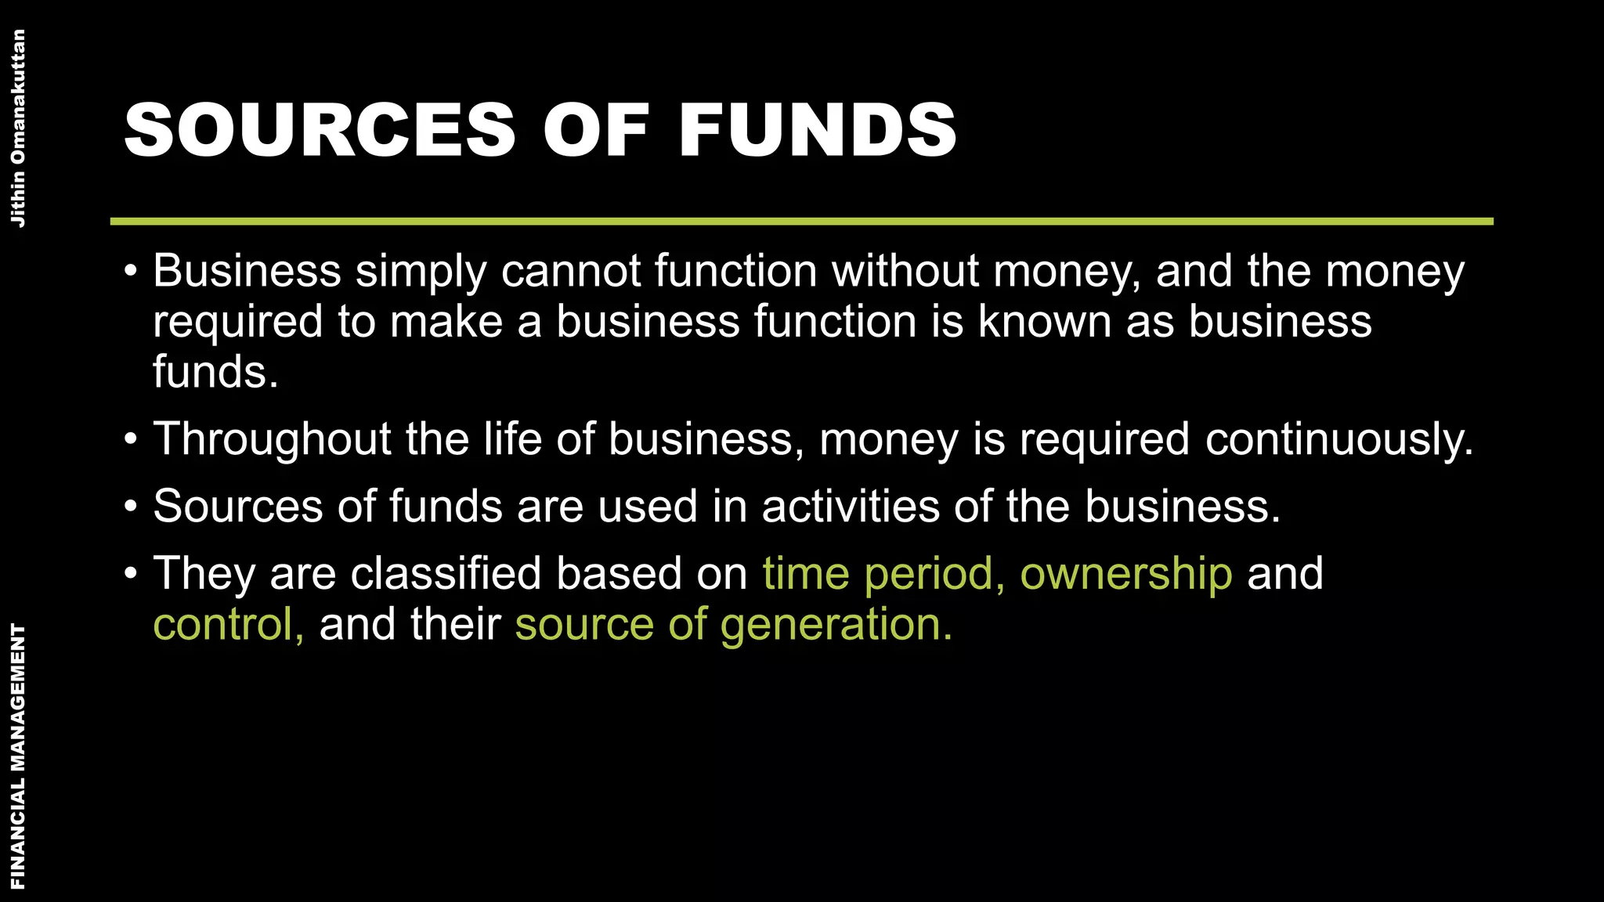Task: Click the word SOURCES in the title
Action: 320,130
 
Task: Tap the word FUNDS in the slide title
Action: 818,130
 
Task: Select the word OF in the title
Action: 597,130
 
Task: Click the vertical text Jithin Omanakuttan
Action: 17,128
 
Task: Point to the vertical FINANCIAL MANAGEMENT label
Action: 17,756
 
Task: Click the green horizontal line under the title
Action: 802,222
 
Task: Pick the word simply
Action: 421,272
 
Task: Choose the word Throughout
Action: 272,439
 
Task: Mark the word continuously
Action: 1338,439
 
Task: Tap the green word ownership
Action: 1125,575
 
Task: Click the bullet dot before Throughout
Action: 131,439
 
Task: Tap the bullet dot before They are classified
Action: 131,574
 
